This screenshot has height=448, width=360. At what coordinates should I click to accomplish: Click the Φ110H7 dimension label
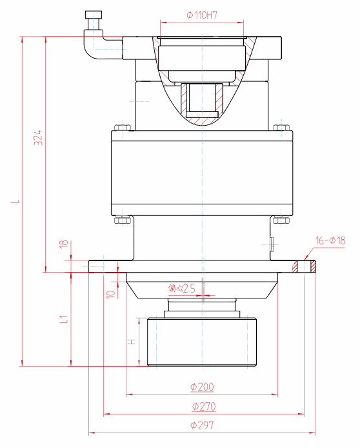pyautogui.click(x=201, y=14)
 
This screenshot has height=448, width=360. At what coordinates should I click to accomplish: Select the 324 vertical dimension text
pyautogui.click(x=38, y=138)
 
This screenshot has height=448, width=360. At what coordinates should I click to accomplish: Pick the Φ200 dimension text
pyautogui.click(x=202, y=387)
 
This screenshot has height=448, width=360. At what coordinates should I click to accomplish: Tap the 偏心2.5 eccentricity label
pyautogui.click(x=181, y=288)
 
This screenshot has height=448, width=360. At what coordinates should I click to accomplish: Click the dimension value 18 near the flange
pyautogui.click(x=63, y=245)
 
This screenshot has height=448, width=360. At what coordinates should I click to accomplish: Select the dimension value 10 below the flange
pyautogui.click(x=110, y=293)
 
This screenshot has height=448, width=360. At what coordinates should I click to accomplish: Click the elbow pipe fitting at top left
pyautogui.click(x=97, y=42)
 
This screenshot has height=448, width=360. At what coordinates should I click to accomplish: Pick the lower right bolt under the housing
pyautogui.click(x=281, y=220)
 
